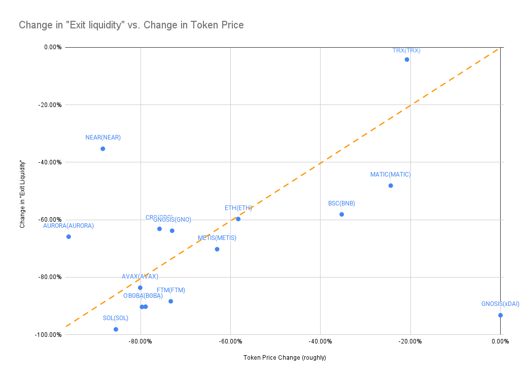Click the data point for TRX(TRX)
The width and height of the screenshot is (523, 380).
pos(407,59)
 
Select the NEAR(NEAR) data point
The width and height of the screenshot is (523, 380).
pos(102,149)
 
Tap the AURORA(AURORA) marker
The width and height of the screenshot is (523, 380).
pos(68,236)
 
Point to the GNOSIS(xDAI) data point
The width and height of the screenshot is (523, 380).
pos(500,315)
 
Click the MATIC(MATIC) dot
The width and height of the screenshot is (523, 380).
pos(391,186)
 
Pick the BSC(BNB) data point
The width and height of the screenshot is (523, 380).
pos(341,214)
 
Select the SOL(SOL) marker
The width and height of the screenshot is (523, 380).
pos(116,329)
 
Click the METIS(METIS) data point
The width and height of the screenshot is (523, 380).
pos(217,249)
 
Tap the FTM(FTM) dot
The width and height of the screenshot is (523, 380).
pos(171,301)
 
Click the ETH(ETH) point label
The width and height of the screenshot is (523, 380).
pos(238,208)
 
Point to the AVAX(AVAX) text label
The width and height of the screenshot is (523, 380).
pos(140,277)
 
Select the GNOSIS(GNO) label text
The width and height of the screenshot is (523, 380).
pos(172,220)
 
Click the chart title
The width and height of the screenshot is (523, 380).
pos(131,25)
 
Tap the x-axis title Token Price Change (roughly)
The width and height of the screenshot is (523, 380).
pos(285,358)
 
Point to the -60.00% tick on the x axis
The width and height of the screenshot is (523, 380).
pos(230,341)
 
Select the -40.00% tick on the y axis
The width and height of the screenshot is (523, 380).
pos(50,162)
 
